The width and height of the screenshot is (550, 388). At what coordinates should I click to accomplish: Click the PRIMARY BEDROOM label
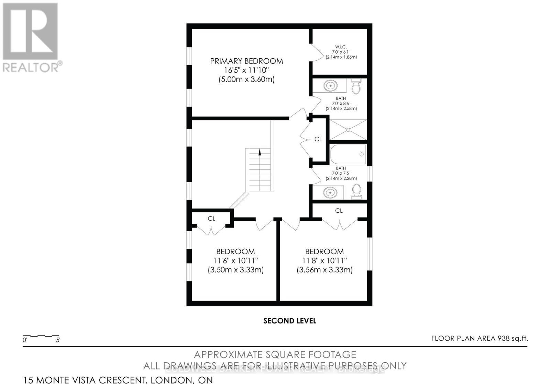point(246,61)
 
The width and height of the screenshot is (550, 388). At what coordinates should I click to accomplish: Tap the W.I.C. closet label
point(341,47)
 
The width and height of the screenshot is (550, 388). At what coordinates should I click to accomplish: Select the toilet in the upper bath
point(356,86)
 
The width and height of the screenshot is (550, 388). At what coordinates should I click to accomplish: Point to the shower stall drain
point(348,130)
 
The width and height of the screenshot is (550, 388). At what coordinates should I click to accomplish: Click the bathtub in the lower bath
point(348,154)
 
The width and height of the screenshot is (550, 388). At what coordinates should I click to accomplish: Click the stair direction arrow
point(259,152)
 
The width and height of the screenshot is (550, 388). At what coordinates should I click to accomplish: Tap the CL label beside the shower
point(318,139)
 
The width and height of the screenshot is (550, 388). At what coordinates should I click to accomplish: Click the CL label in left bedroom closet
point(211,219)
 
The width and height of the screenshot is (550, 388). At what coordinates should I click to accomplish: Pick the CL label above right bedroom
point(339,211)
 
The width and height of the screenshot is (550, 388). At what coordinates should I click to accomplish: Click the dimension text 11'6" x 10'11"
point(235,261)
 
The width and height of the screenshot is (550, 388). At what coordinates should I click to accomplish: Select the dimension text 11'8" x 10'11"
point(324,261)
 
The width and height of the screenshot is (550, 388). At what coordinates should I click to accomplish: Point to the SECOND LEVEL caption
point(290,321)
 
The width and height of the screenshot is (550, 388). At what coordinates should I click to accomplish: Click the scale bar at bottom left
point(41,336)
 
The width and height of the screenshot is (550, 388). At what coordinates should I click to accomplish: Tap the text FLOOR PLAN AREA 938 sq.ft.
point(480,338)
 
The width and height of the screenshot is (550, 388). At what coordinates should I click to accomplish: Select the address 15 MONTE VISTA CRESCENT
point(118,380)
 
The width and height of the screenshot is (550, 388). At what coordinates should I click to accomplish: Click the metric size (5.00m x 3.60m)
point(246,80)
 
